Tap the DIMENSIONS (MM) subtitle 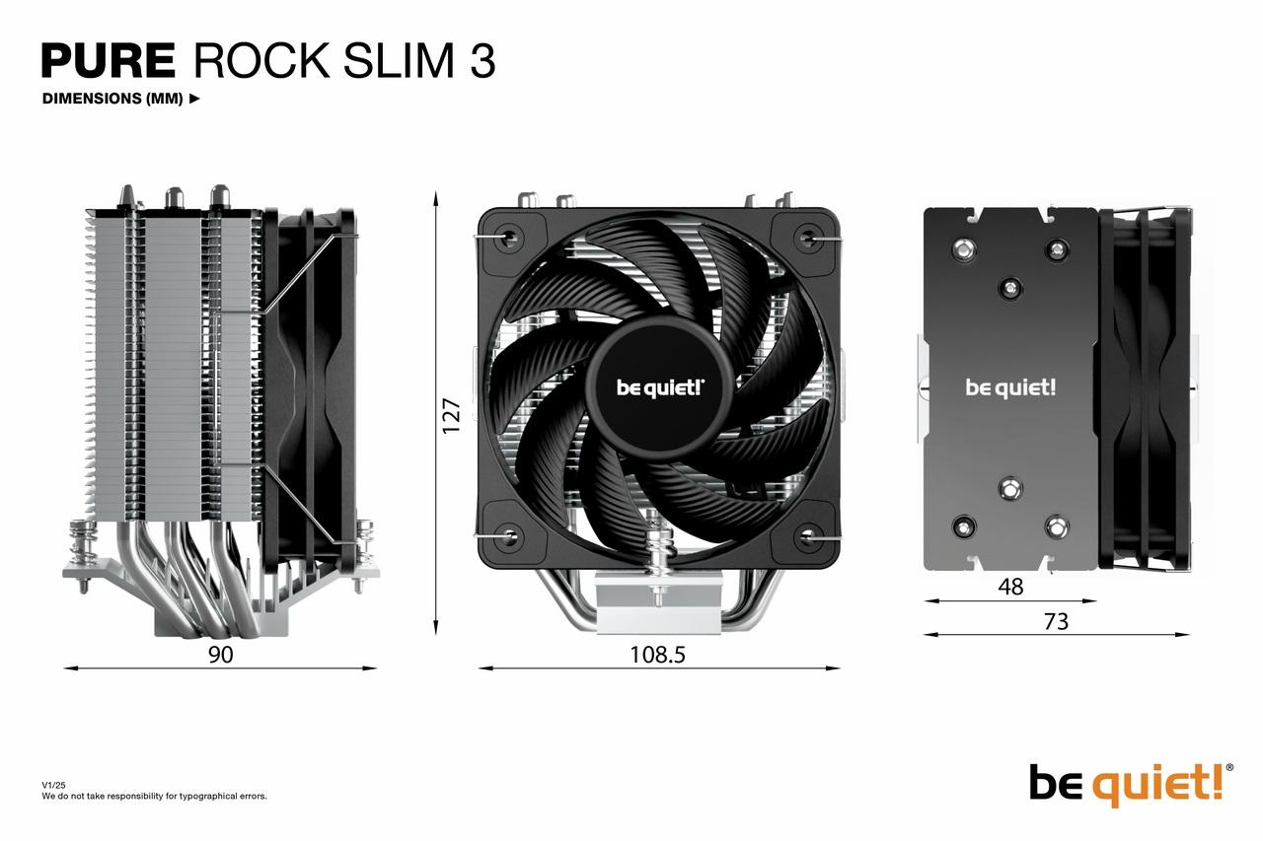112,99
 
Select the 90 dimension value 220,654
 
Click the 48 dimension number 1010,587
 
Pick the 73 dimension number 1055,621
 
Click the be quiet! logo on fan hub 660,386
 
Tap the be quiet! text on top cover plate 1010,386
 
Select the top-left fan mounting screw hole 509,238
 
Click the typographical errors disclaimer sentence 154,796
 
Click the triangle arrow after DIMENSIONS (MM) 194,99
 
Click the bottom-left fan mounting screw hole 509,536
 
